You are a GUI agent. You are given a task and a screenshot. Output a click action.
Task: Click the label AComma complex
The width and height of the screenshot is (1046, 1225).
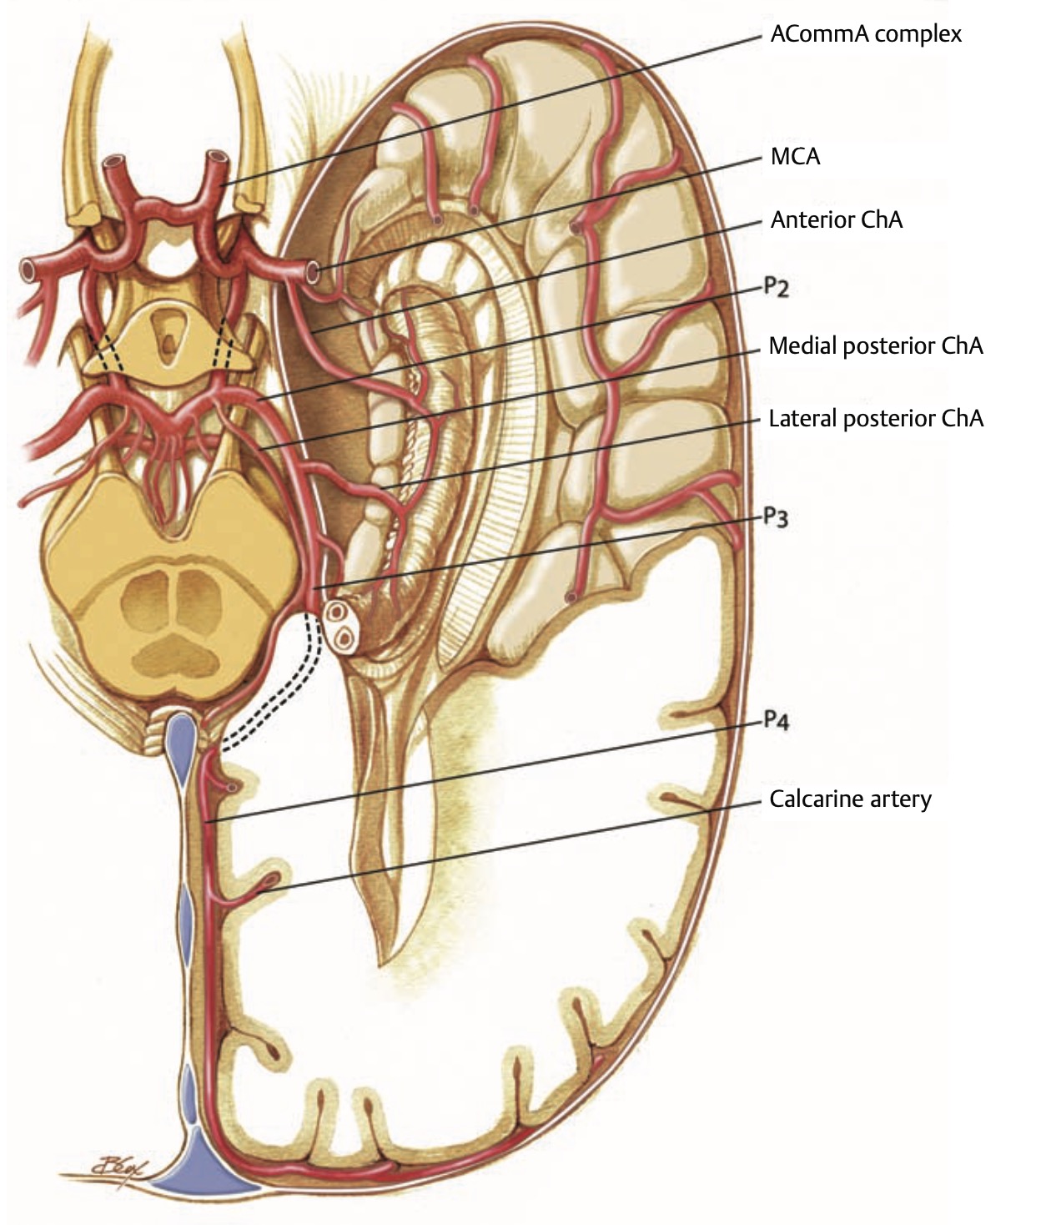tap(866, 34)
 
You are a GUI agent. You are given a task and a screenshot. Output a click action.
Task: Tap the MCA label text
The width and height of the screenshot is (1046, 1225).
tap(795, 156)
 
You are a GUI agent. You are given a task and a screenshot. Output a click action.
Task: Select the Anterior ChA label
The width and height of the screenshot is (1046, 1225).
tap(836, 219)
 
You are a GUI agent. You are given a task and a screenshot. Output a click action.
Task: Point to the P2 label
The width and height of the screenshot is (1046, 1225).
tap(776, 289)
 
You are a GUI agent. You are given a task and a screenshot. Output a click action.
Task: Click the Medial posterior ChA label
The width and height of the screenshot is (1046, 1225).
tap(876, 345)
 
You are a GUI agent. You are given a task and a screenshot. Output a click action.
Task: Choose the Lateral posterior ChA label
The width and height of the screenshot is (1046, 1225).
tap(876, 418)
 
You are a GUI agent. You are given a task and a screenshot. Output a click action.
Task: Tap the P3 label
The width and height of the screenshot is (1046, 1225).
tap(776, 518)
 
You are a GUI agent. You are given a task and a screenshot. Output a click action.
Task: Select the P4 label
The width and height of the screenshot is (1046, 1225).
tap(776, 720)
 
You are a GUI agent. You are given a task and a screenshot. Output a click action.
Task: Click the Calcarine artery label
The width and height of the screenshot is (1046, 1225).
tap(850, 799)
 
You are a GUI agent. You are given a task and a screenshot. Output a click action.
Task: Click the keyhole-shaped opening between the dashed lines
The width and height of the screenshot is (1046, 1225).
tap(169, 334)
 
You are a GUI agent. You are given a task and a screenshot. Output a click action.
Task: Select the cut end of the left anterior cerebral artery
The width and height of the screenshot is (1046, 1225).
tap(112, 163)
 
